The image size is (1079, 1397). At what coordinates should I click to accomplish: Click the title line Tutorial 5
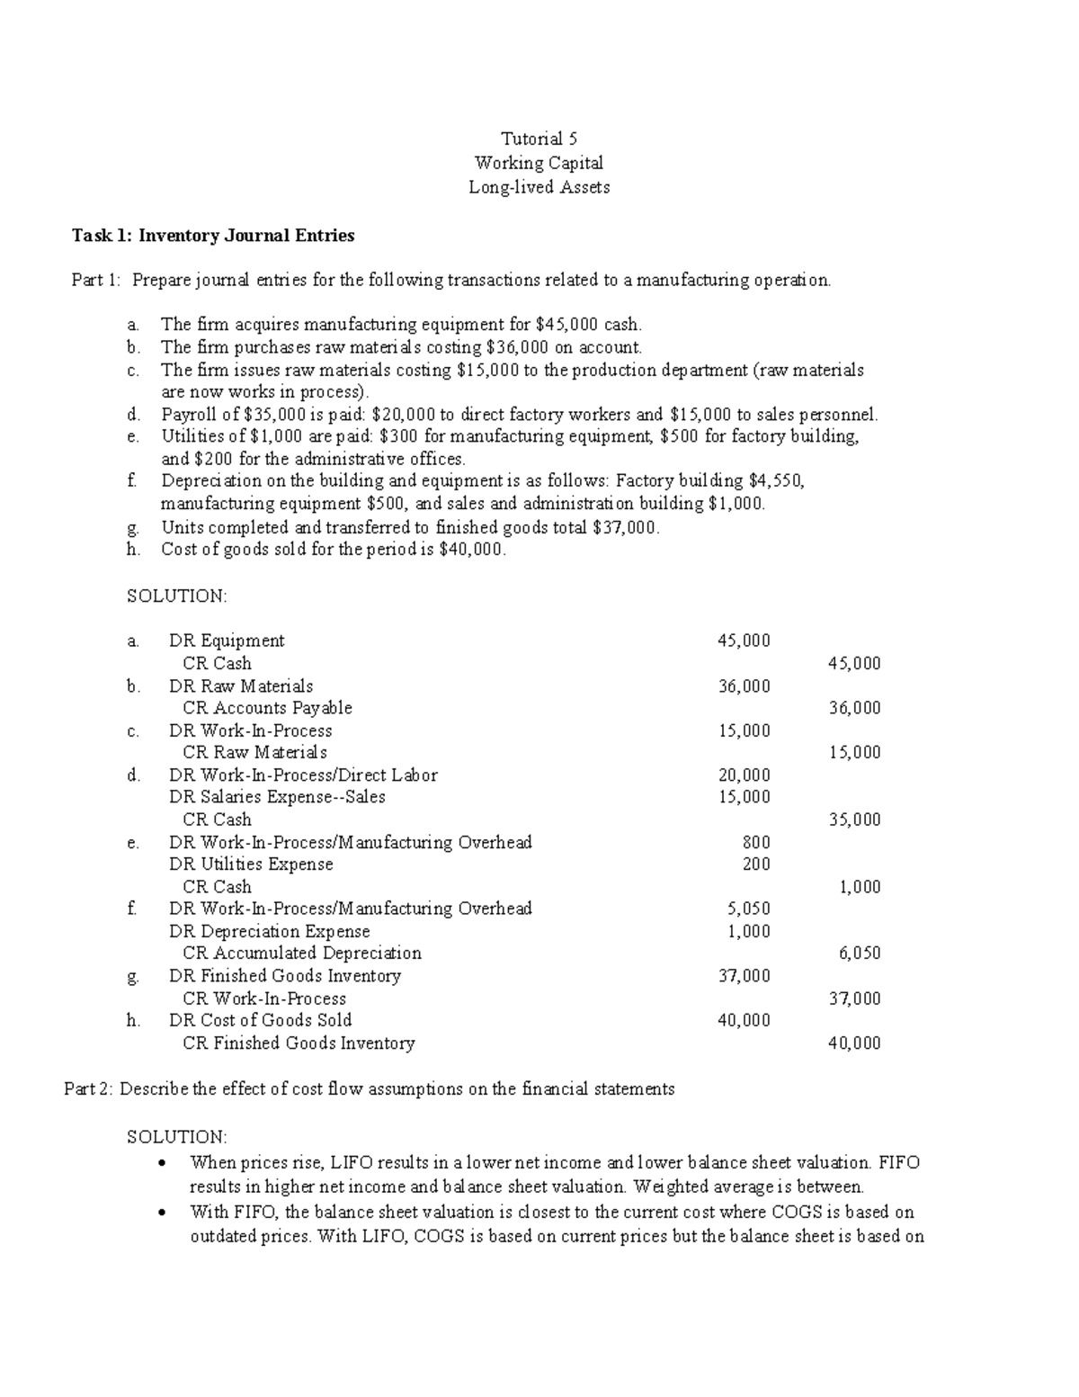(539, 139)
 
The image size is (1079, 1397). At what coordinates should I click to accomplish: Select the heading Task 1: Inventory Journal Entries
(213, 236)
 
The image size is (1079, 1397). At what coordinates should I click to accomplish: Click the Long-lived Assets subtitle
(539, 187)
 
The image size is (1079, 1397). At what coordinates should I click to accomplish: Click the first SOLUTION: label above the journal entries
(177, 596)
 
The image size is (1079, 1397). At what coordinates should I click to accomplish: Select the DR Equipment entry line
(227, 640)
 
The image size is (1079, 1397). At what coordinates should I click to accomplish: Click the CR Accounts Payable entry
(267, 708)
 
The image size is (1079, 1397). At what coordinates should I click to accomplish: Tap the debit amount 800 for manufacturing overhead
(755, 842)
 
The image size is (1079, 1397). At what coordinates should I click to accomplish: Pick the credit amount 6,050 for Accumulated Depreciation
(860, 954)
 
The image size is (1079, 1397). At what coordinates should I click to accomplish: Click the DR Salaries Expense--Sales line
(277, 797)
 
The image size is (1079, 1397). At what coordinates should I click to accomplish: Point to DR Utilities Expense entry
(251, 864)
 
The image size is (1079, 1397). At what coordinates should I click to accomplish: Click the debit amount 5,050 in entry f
(749, 909)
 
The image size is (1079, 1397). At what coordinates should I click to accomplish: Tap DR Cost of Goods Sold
(260, 1020)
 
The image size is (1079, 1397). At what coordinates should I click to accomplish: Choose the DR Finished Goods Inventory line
(284, 976)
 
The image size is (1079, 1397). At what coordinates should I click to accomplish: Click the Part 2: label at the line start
(88, 1088)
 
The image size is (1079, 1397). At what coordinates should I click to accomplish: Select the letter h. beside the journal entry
(134, 1021)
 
